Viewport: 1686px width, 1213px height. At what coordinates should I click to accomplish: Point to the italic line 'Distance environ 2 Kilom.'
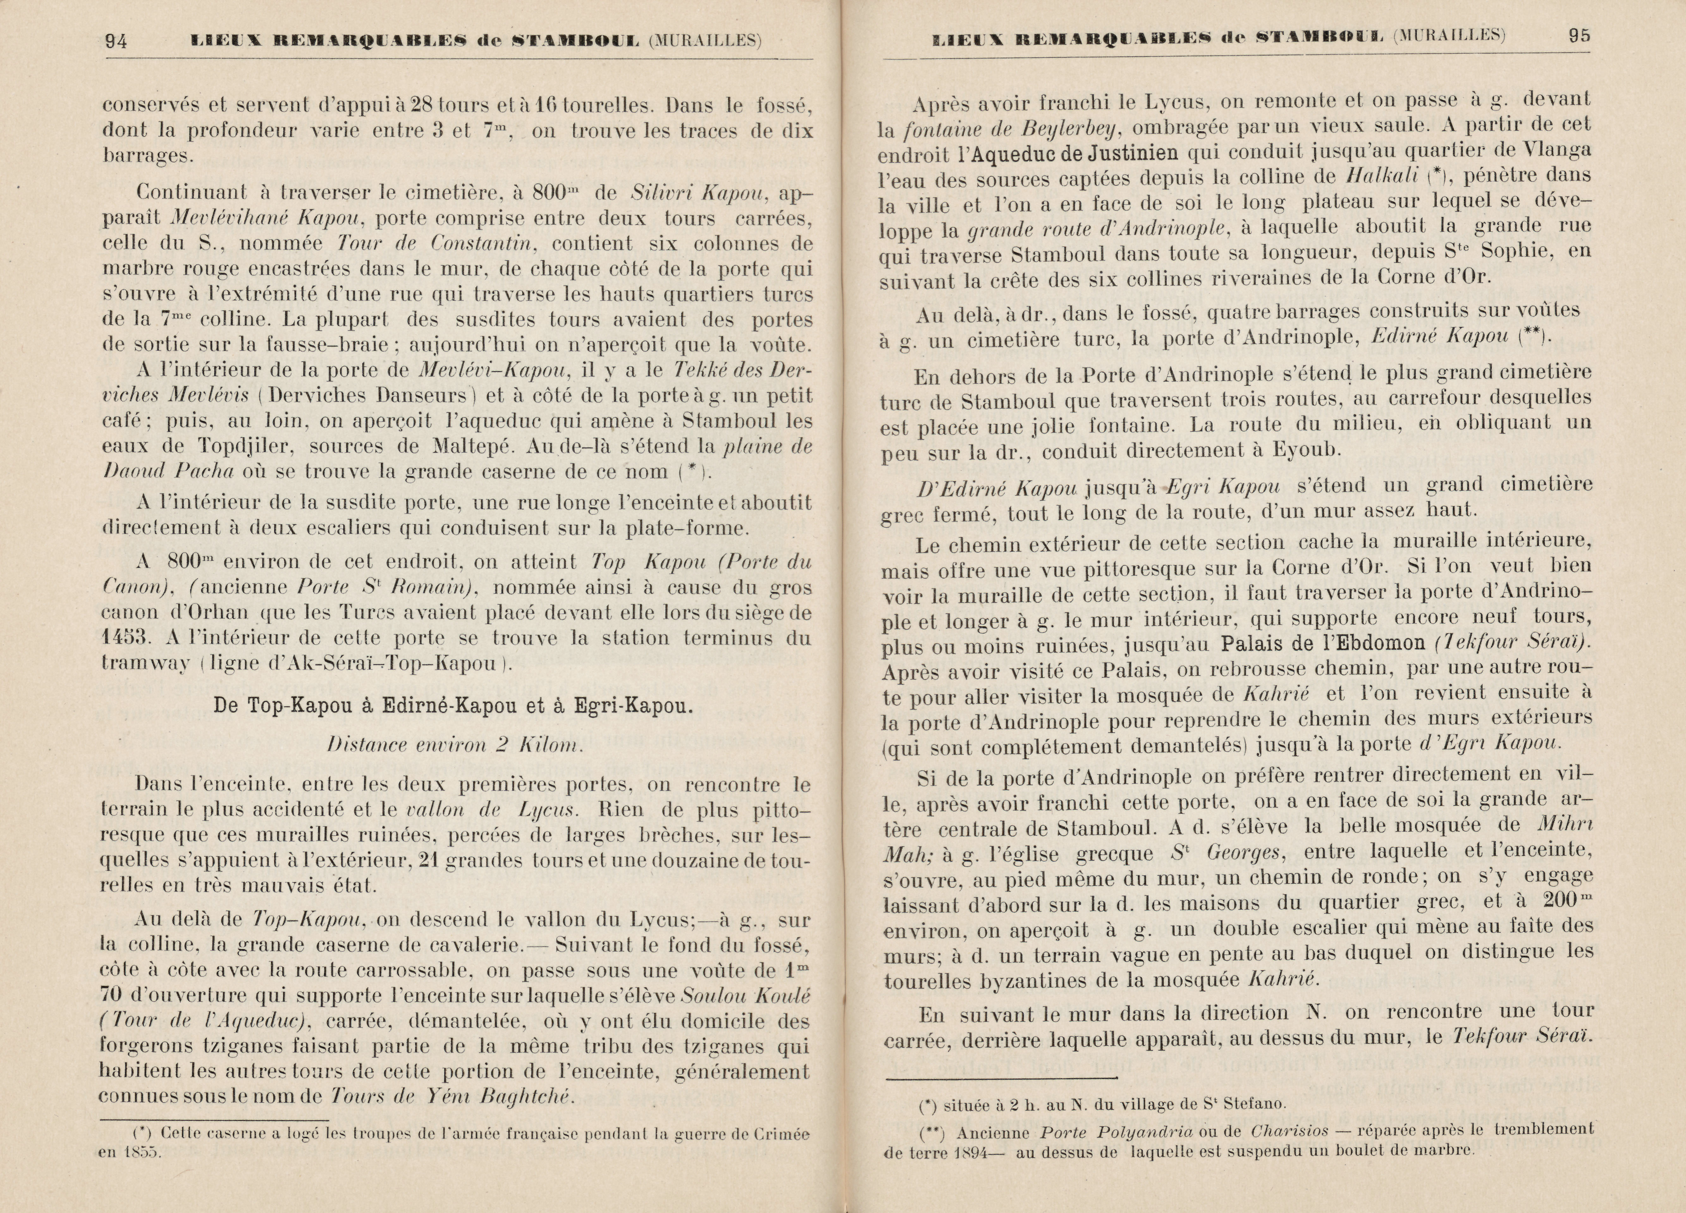click(x=454, y=745)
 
